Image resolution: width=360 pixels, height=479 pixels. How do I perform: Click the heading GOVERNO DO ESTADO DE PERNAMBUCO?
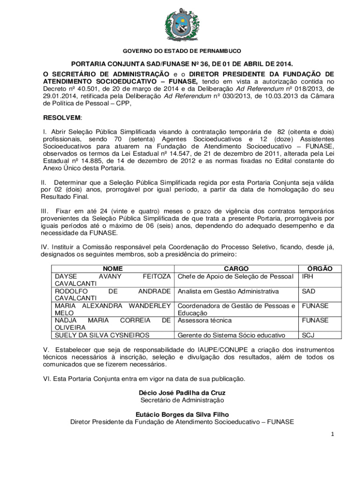[x=182, y=51]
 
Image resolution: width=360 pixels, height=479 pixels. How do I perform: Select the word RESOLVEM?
[x=62, y=117]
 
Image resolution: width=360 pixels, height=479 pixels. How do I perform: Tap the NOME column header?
[x=113, y=269]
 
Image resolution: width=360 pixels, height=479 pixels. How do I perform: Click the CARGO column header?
[x=236, y=269]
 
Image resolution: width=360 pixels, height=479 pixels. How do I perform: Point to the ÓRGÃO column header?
[x=320, y=269]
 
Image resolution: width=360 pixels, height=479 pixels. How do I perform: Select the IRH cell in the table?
[x=308, y=276]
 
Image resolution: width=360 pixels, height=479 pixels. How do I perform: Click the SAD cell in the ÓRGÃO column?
[x=309, y=291]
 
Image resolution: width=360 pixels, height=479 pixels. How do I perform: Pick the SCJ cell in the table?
[x=308, y=335]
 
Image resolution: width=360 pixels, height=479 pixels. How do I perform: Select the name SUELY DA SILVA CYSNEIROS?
[x=102, y=335]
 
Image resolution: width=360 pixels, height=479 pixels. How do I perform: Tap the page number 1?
[x=331, y=434]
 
